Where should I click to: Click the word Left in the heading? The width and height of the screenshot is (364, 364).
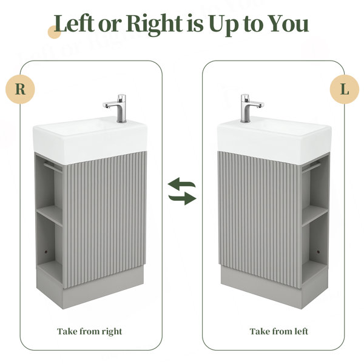click(x=74, y=23)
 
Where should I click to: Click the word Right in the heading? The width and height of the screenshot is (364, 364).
click(x=155, y=25)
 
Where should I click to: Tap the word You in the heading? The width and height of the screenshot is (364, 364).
click(x=288, y=24)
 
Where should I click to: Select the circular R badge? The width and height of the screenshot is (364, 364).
click(x=20, y=89)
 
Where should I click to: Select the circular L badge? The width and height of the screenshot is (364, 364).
click(x=345, y=89)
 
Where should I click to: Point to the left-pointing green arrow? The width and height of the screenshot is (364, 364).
click(x=181, y=183)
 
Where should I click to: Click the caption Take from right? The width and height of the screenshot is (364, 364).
click(x=90, y=331)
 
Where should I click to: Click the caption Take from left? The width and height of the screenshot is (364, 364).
click(x=279, y=331)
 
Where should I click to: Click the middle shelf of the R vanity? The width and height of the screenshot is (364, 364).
click(x=50, y=215)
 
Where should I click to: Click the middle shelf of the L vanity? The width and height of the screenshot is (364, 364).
click(x=315, y=215)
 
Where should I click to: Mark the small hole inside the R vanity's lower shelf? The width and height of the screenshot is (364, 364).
click(x=46, y=252)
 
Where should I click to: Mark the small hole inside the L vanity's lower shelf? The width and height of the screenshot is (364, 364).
click(x=318, y=252)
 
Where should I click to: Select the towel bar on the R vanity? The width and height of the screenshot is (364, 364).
click(x=53, y=166)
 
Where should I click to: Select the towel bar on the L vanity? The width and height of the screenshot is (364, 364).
click(x=311, y=167)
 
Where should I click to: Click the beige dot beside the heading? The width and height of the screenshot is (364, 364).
click(x=55, y=32)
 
